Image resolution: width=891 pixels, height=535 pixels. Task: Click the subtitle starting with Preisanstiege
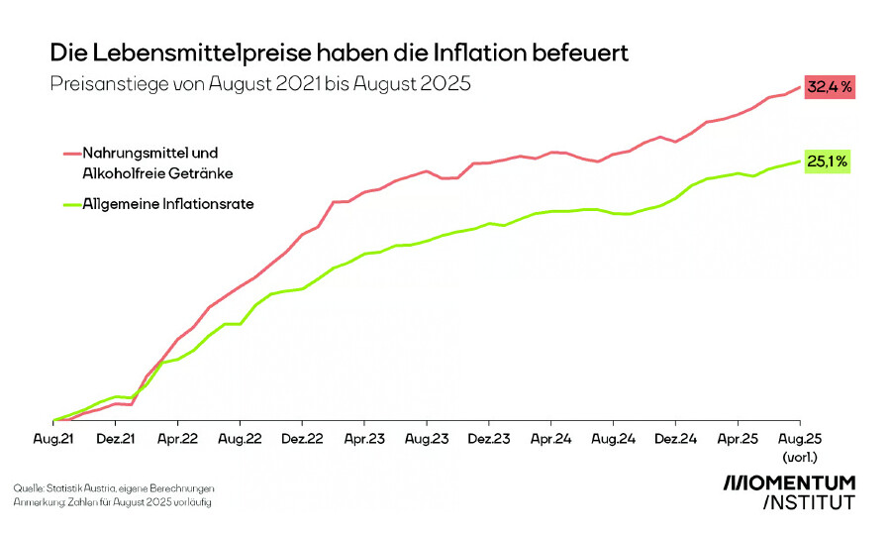[260, 84]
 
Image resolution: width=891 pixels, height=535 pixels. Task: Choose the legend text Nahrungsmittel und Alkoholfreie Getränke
[156, 163]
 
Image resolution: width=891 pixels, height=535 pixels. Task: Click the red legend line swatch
[70, 154]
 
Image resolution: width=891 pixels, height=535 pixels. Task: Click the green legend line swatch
[70, 205]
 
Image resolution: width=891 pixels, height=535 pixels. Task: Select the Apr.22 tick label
[177, 437]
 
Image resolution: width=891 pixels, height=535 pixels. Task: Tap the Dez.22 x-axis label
[302, 437]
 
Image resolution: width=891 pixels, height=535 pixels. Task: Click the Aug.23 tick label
[426, 437]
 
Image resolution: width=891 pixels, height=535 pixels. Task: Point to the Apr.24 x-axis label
[550, 437]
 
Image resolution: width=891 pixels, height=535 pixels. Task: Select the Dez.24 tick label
[674, 437]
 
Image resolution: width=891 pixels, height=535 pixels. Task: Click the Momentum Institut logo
[789, 491]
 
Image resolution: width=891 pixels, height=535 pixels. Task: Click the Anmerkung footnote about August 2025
[112, 502]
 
